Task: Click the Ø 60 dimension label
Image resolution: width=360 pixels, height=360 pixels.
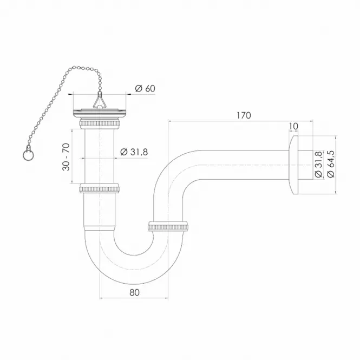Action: [145, 88]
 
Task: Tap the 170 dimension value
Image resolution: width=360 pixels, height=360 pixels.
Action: [244, 115]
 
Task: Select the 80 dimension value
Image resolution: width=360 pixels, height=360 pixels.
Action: [135, 292]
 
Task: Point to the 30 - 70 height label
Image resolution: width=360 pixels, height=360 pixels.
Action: [66, 157]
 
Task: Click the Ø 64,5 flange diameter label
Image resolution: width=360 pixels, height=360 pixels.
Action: [331, 164]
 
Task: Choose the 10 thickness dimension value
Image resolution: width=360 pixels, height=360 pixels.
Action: [293, 126]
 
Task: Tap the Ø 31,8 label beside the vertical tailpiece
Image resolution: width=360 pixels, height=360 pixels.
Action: [134, 152]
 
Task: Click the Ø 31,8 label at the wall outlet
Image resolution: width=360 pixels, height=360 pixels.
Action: [318, 164]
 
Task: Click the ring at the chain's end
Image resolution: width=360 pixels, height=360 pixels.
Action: [28, 156]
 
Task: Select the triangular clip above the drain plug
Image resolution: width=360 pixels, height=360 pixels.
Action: [100, 102]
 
